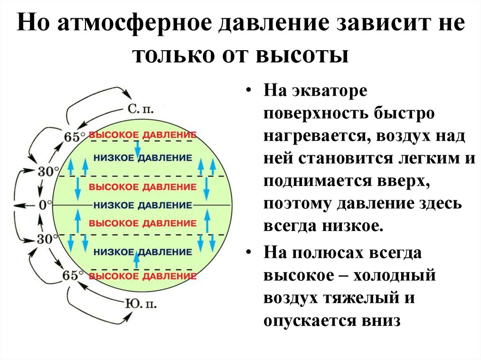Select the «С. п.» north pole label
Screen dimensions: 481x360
140,109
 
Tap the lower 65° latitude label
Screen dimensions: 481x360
73,276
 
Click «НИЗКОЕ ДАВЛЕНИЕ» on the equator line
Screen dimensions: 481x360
143,205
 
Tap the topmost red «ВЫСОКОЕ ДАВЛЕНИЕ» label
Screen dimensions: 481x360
143,135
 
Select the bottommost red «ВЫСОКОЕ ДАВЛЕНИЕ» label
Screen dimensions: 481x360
143,276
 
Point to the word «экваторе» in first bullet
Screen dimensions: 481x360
330,91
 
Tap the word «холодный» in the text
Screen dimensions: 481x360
395,275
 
